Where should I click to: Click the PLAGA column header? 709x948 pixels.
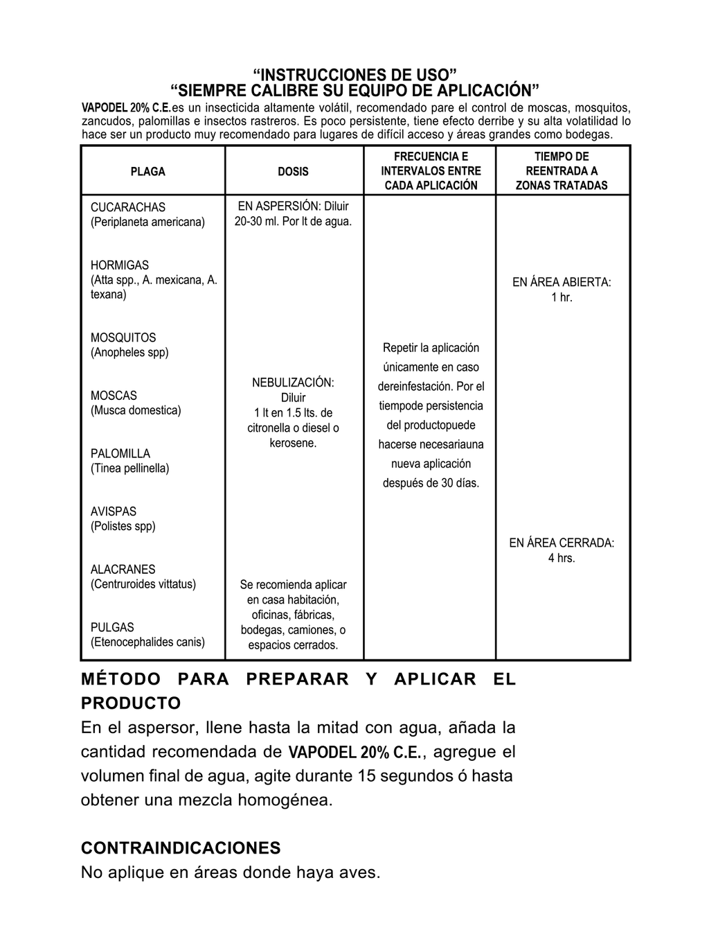pos(148,172)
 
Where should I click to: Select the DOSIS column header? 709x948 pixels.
pos(293,172)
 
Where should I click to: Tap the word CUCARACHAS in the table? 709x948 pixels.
pos(128,207)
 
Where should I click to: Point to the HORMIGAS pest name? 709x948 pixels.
pos(120,265)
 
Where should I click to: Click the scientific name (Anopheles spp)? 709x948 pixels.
pos(129,353)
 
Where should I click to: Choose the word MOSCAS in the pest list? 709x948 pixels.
pos(114,396)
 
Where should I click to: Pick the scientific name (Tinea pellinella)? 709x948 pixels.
pos(129,468)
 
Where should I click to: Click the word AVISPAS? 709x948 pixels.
pos(114,511)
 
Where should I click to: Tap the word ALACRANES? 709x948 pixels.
pos(123,570)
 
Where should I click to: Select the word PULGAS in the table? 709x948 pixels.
pos(112,628)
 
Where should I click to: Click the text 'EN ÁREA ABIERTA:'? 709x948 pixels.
pos(562,283)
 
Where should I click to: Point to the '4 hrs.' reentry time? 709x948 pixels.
pos(562,558)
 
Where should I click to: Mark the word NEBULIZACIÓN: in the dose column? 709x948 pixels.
pos(293,383)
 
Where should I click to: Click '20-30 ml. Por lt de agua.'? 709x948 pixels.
pos(293,222)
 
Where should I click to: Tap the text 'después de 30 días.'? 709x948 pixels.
pos(431,483)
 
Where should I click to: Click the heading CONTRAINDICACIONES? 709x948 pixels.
pos(181,848)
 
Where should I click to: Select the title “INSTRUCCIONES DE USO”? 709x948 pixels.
pos(355,75)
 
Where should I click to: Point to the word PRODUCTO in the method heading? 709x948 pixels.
pos(131,703)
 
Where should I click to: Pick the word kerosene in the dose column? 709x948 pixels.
pos(292,444)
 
